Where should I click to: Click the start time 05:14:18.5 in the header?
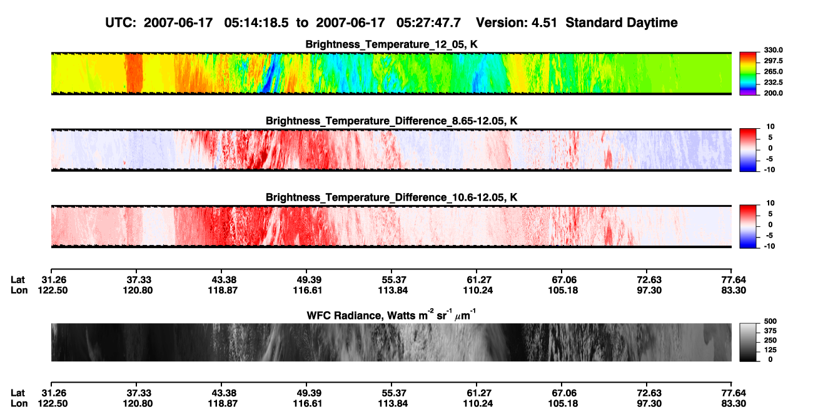point(256,23)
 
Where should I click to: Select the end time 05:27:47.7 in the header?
point(428,23)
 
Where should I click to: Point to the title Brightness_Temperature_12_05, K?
point(391,44)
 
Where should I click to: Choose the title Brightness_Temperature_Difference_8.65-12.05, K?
point(391,121)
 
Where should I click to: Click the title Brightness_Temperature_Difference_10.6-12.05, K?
point(391,198)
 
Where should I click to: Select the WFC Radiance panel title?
point(391,315)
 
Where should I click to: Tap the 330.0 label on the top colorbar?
point(773,50)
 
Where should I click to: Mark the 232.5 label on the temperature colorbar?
point(773,83)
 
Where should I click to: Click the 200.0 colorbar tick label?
point(773,93)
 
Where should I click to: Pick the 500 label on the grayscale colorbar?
point(770,321)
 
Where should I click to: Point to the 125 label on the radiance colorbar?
point(770,350)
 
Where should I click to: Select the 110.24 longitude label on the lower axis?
point(478,404)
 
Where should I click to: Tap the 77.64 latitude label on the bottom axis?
point(734,393)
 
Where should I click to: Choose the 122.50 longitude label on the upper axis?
point(53,290)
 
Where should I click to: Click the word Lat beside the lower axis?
point(18,393)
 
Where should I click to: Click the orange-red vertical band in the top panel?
point(134,73)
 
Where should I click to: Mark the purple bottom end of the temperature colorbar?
point(748,94)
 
